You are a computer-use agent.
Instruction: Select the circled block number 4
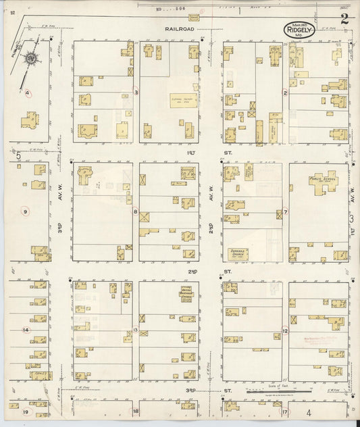(x=28, y=93)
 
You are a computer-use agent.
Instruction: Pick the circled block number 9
(x=25, y=211)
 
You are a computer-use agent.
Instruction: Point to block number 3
(x=136, y=92)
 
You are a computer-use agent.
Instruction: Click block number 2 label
(x=285, y=93)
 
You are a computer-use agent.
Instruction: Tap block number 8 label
(x=136, y=211)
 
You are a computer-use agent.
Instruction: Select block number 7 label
(x=285, y=211)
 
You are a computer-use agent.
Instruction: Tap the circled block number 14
(x=25, y=330)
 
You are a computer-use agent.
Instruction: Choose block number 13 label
(x=136, y=330)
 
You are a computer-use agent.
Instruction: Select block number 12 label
(x=285, y=330)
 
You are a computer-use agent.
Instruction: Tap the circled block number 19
(x=26, y=411)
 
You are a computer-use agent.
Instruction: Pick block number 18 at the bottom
(x=136, y=411)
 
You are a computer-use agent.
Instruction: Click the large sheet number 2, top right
(x=344, y=18)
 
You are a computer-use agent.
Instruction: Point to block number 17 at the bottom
(x=285, y=411)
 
